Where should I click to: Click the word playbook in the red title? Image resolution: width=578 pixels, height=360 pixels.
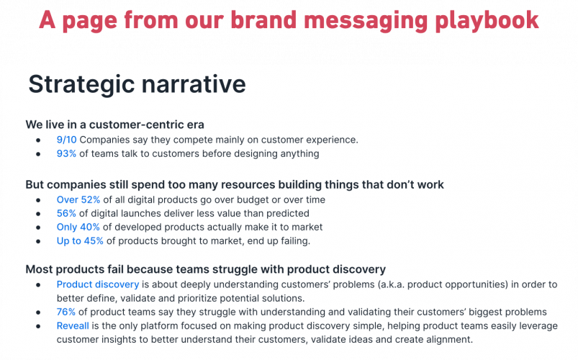(x=487, y=21)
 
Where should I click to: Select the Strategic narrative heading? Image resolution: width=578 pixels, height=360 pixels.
(x=137, y=84)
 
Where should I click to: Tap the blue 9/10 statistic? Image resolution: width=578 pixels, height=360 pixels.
(x=66, y=140)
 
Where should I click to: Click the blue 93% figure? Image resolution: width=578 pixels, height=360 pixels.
(x=66, y=153)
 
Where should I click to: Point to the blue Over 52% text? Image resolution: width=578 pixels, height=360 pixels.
(x=78, y=199)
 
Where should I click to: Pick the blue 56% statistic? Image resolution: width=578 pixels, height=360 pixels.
(x=66, y=213)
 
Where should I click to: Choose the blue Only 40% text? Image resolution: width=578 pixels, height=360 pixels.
(x=78, y=228)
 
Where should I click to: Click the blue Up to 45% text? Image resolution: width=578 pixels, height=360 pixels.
(x=80, y=241)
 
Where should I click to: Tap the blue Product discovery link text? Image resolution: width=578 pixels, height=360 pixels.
(x=98, y=284)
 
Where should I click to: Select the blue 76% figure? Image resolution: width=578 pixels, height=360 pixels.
(x=66, y=312)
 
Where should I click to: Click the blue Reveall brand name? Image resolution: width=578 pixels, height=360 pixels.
(x=73, y=325)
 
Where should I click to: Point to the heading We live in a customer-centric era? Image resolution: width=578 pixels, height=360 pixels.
(x=114, y=125)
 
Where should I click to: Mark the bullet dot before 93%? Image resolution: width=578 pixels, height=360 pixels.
(x=38, y=154)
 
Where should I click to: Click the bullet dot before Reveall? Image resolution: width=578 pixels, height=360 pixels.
(x=38, y=326)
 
